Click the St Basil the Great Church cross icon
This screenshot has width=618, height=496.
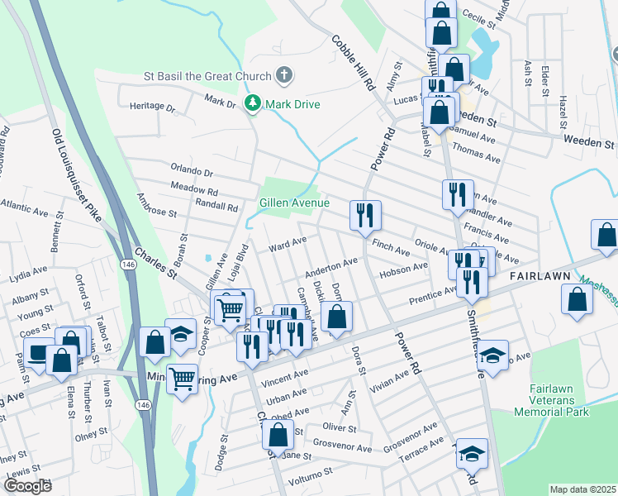coord(283,76)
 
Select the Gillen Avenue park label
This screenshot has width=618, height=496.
coord(294,203)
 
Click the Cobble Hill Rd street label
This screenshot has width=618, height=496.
coord(354,63)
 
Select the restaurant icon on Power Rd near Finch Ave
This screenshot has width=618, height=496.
coord(364,215)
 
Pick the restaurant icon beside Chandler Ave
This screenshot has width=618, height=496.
coord(458,194)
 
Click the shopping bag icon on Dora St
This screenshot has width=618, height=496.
coord(336,316)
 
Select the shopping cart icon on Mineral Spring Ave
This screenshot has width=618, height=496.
coord(182,379)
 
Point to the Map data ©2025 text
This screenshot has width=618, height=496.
coord(583,489)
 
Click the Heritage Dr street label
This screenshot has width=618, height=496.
coord(153,107)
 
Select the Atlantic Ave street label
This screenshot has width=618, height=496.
coord(24,207)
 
